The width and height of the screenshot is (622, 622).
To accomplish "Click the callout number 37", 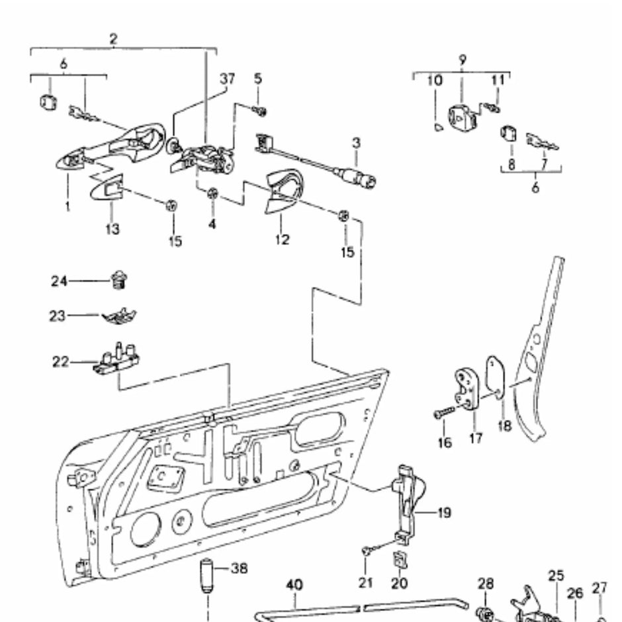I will pos(227,80).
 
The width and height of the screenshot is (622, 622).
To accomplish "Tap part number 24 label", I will pos(59,281).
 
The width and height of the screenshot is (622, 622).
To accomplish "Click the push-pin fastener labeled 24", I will pos(120,281).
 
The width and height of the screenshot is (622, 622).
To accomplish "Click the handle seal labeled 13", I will pos(108,192).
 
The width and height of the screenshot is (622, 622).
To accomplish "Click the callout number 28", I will pos(486,583).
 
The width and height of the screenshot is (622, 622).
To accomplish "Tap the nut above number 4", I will pos(213,194).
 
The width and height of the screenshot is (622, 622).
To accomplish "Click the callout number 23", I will pos(59,316).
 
